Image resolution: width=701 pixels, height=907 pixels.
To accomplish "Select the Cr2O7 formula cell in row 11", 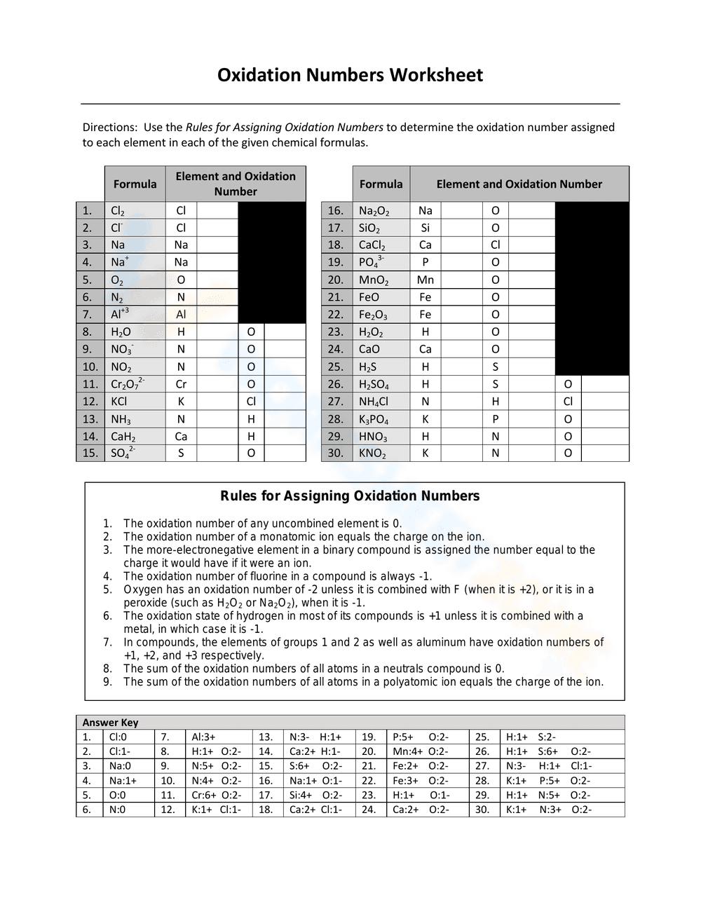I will point(128,384).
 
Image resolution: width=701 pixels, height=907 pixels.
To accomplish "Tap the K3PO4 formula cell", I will point(374,419).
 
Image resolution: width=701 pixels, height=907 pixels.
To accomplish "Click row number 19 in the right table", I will point(336,262).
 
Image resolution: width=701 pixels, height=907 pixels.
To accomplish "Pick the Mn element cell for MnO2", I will point(426,280).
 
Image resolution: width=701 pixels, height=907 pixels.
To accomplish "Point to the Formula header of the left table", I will point(135,184).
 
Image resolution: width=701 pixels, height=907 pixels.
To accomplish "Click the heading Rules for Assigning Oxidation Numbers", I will point(350,496).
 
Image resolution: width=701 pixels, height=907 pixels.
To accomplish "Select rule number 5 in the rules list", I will point(107,589).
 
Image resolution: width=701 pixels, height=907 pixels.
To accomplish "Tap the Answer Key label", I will point(110,723).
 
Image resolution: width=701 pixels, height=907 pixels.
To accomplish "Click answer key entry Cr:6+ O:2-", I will point(217,795).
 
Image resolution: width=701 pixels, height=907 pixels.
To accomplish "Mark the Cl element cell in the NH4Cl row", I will point(568,402).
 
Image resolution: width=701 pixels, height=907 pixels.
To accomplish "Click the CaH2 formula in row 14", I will point(123,437).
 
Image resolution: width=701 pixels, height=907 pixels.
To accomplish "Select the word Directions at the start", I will point(109,128).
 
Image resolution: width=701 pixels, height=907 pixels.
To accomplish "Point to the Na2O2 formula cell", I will point(374,211).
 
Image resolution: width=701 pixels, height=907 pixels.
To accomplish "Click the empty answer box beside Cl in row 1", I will point(217,210).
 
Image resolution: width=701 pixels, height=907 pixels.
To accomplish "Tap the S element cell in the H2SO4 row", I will point(496,384).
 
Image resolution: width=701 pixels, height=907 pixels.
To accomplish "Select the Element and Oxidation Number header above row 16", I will point(519,184).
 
